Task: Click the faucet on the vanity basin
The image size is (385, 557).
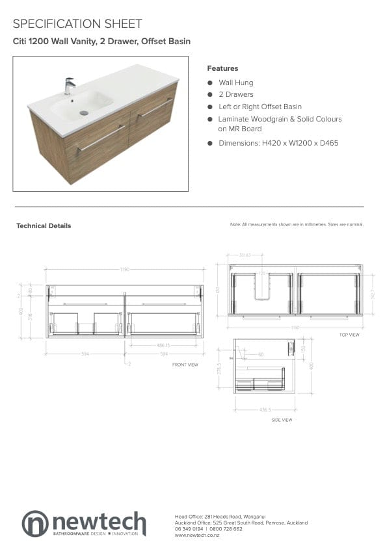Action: point(69,86)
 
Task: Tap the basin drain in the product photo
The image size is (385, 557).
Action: point(84,113)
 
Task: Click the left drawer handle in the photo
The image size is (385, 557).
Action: point(101,138)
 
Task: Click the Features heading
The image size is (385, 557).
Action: point(222,68)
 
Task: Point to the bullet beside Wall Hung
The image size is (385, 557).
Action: point(210,83)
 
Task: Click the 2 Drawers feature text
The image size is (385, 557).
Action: point(235,95)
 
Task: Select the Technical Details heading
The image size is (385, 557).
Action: point(44,226)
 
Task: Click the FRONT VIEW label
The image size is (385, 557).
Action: point(185,365)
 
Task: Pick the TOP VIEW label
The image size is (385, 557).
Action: point(349,335)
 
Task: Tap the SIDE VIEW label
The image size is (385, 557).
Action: point(282,421)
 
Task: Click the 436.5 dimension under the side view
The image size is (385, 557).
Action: point(265,410)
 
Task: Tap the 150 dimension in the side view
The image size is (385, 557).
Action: point(303,348)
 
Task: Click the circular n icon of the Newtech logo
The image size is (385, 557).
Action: point(35,523)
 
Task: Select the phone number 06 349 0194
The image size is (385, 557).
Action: point(189,529)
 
